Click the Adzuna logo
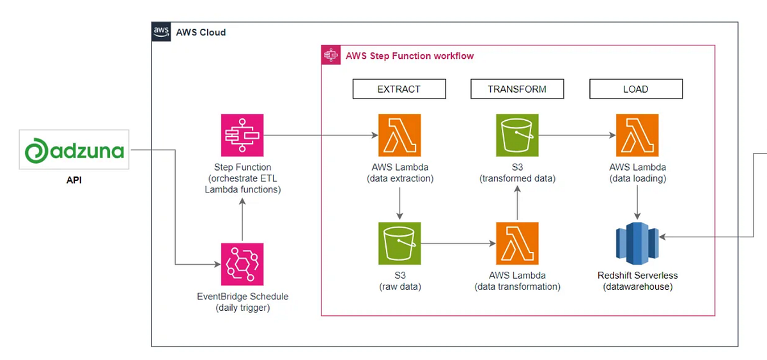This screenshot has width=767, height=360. [74, 150]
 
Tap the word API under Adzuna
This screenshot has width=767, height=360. [74, 180]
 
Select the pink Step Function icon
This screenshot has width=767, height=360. [242, 135]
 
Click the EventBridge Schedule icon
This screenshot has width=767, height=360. [242, 264]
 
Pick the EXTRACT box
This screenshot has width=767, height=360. [399, 89]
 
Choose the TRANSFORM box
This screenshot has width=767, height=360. [517, 89]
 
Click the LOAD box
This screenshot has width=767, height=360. [635, 89]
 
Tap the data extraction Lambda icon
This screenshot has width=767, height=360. [399, 135]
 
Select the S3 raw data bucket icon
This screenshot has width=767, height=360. [399, 244]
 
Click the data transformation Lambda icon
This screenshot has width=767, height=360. [517, 244]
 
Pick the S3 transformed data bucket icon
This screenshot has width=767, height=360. [517, 135]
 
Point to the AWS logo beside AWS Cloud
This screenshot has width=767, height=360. [161, 32]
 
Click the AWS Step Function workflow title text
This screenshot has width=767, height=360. [410, 56]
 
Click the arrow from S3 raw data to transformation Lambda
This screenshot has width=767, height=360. [458, 244]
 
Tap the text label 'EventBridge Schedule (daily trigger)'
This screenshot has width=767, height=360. [242, 302]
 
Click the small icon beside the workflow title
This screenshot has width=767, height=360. [330, 56]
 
